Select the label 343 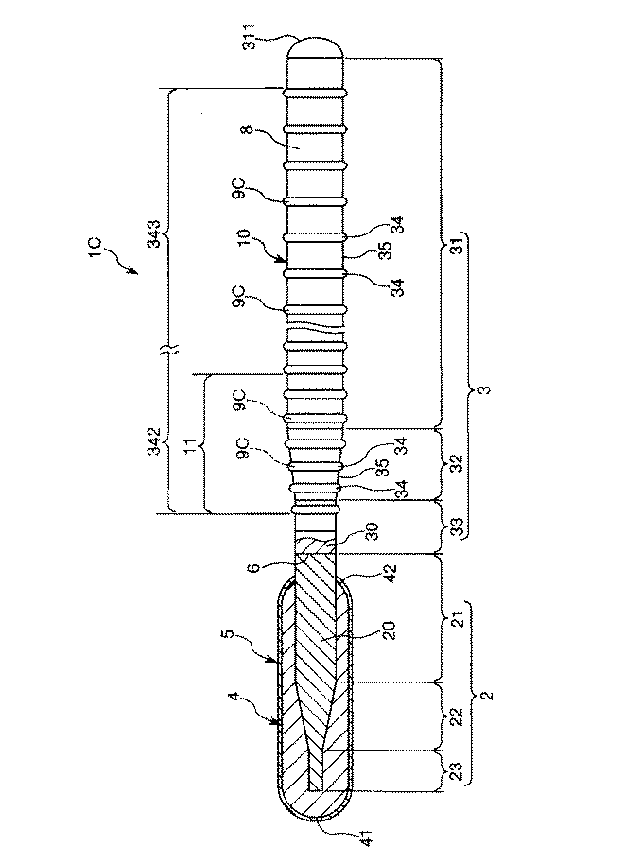pos(155,233)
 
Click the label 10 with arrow pos(245,238)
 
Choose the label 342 pos(156,440)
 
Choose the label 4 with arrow pos(234,698)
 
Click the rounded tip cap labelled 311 pos(317,46)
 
